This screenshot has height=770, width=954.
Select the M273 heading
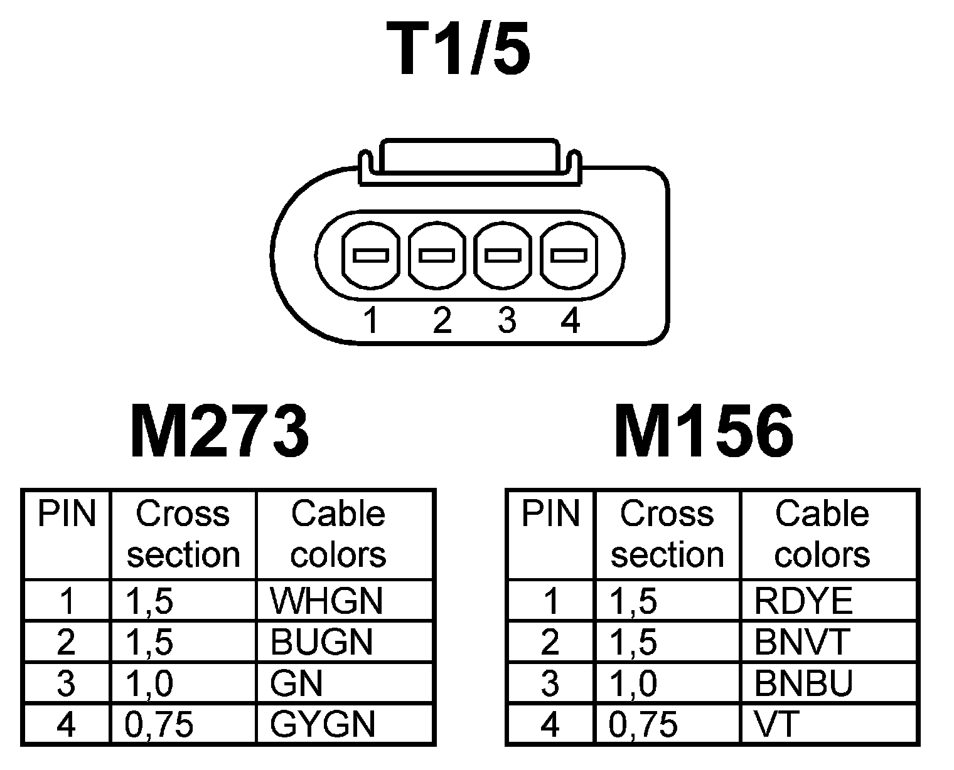(x=219, y=432)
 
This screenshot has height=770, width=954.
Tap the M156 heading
(x=704, y=432)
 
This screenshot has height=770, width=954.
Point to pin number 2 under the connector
(x=442, y=320)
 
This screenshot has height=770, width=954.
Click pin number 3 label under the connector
(x=506, y=320)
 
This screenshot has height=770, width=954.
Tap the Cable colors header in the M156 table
(x=822, y=534)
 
